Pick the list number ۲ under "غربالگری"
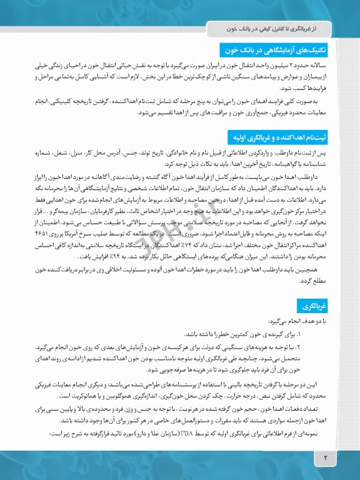pyautogui.click(x=334, y=346)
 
